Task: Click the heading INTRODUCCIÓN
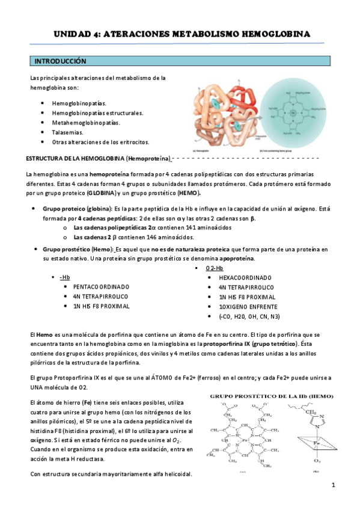(60, 62)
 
